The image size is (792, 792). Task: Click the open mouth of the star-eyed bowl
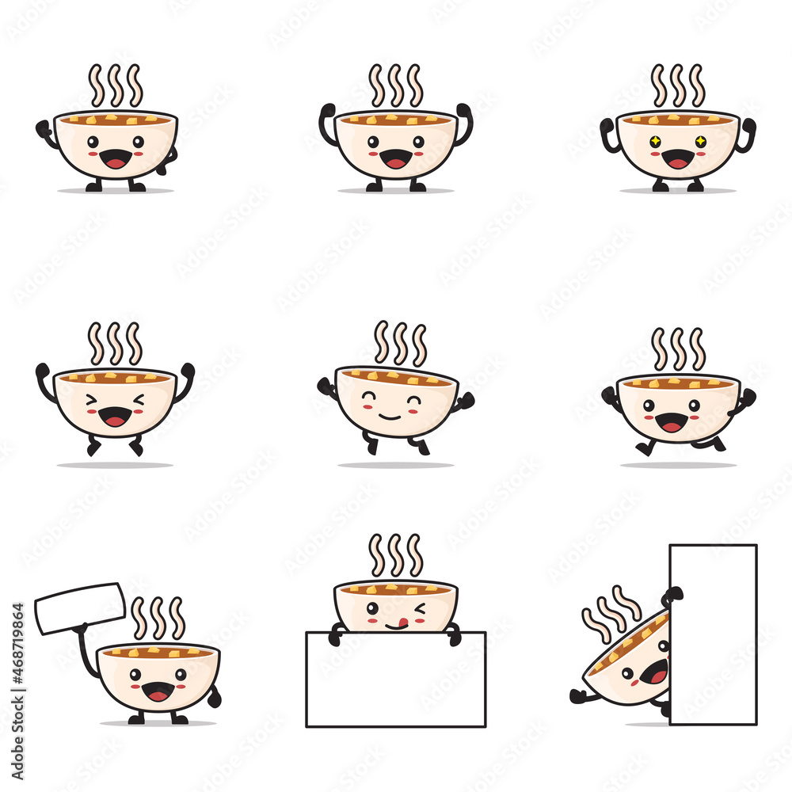(678, 160)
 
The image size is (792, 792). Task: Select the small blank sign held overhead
(79, 607)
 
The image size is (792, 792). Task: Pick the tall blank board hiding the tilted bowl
(713, 634)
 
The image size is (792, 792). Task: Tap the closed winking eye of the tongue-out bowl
(419, 608)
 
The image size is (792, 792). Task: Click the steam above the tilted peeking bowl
(611, 611)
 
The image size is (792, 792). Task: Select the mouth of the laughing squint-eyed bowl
(115, 417)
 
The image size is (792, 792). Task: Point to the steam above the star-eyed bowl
(677, 86)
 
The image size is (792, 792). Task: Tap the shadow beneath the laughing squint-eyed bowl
(115, 465)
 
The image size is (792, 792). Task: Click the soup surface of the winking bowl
(395, 589)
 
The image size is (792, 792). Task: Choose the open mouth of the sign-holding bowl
(158, 691)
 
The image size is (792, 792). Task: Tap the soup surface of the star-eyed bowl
(678, 120)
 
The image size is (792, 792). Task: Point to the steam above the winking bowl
(395, 554)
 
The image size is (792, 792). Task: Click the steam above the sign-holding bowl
(158, 618)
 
